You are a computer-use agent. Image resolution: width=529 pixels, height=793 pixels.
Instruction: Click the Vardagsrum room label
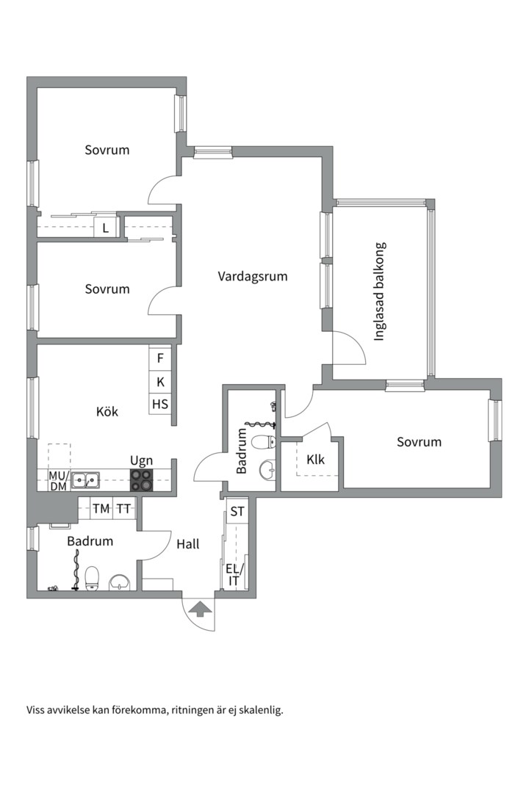pos(253,277)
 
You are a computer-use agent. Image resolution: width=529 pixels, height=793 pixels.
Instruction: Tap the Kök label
pos(107,411)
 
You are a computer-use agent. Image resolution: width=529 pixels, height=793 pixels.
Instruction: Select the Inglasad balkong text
pos(380,292)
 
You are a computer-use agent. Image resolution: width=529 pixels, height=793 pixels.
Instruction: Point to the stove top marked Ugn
pos(142,480)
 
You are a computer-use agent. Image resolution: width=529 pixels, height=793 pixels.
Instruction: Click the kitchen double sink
pos(85,480)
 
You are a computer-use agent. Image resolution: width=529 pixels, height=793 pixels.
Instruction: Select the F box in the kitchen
pos(160,358)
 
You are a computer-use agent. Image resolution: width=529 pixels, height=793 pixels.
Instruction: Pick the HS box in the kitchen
pos(160,404)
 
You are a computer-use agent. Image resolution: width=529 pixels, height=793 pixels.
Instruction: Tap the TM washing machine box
pos(101,509)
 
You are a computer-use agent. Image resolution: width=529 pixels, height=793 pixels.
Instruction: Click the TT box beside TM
pos(123,509)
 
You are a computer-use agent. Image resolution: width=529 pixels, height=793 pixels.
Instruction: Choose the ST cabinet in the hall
pos(237,511)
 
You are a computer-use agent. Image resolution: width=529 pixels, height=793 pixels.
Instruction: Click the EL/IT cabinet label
pos(234,574)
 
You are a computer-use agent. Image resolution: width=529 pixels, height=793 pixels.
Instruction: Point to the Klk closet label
pos(315,459)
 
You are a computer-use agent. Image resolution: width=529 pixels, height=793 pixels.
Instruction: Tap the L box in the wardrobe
pos(106,228)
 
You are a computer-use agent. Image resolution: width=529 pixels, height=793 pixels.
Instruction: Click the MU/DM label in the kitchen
pos(58,480)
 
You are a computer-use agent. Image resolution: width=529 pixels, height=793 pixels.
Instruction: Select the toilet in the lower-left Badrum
pos(92,579)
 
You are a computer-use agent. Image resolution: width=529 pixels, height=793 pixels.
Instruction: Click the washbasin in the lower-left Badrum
pos(120,582)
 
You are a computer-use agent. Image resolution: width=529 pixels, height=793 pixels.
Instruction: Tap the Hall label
pos(188,544)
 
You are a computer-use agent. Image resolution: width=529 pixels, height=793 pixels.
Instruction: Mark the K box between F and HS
pos(160,381)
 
